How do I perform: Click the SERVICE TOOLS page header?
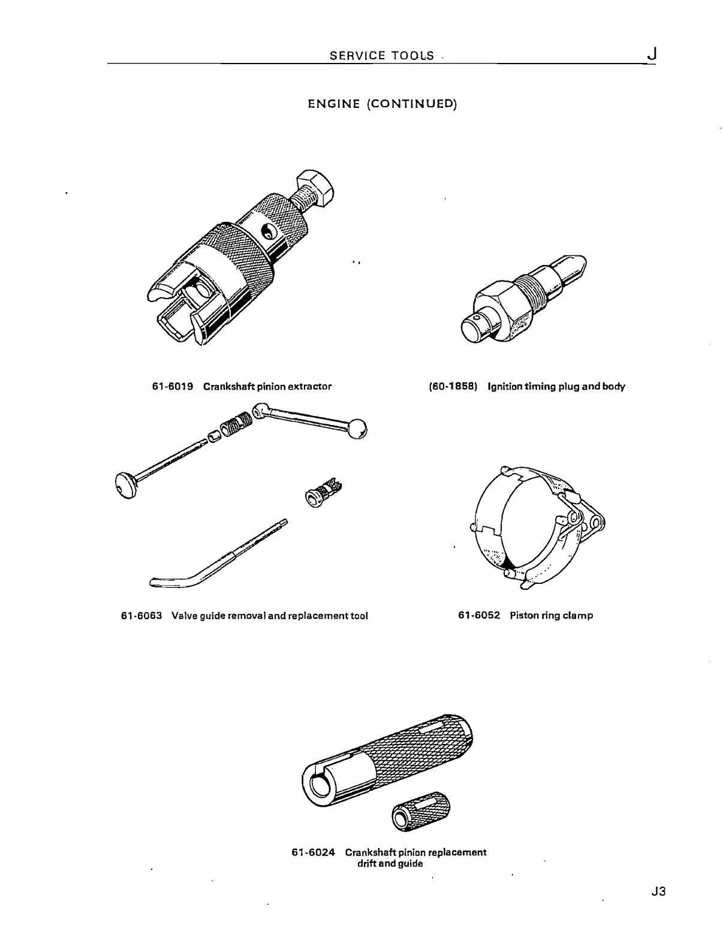[x=382, y=56]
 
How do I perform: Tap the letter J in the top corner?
[x=652, y=55]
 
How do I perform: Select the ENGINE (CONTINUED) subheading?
[x=382, y=104]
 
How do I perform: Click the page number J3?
[x=658, y=891]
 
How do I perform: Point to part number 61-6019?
[x=173, y=387]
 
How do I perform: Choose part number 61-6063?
[x=141, y=616]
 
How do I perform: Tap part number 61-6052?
[x=479, y=616]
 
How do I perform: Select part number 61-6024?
[x=313, y=852]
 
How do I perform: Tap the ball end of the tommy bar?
[x=358, y=429]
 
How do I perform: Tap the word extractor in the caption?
[x=309, y=387]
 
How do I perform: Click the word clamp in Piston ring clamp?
[x=578, y=616]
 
